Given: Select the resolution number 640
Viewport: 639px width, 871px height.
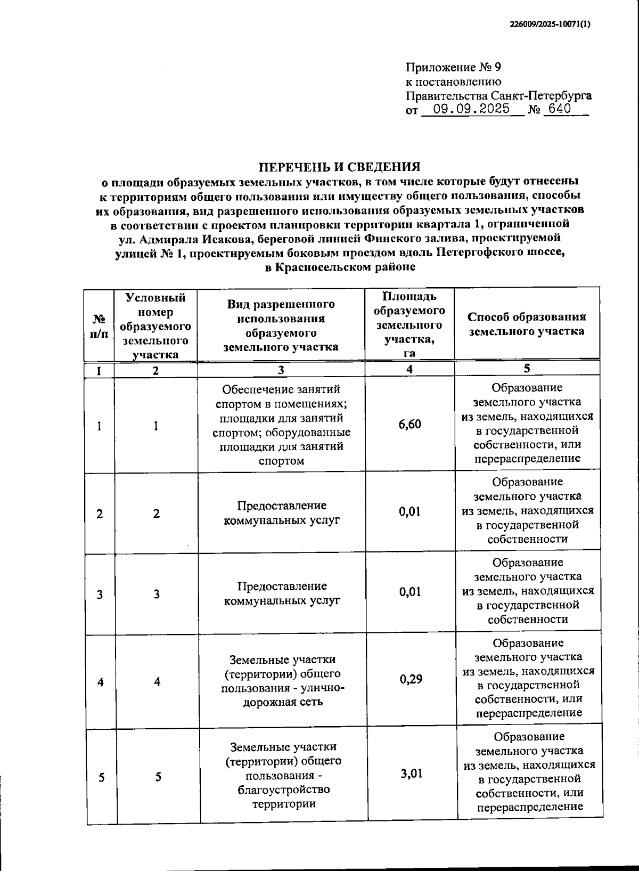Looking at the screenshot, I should point(557,109).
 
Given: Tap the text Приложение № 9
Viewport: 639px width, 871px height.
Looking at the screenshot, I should point(454,68).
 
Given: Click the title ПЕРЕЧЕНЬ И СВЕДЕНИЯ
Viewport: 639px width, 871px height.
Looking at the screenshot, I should point(340,167).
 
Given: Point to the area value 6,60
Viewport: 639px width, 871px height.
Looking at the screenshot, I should point(410,424).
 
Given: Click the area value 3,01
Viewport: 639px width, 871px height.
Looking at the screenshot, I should point(411,773).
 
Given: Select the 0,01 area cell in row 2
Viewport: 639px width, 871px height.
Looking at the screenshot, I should point(410,511).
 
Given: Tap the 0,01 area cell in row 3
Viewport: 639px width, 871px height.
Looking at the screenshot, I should point(410,591).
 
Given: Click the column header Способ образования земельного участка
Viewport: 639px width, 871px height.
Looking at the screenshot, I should point(527,324).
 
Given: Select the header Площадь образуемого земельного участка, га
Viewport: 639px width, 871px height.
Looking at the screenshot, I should point(409,324).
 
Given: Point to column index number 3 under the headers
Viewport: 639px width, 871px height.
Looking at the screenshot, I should point(281,370).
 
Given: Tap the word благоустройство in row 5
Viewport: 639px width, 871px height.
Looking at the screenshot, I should point(283,789).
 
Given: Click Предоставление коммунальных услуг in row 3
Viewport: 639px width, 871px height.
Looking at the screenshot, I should point(282,593).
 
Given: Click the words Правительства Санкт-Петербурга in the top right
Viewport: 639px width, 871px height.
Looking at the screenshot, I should point(498,96).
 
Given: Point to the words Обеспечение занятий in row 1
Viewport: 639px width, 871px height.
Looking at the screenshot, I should point(281,389).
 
